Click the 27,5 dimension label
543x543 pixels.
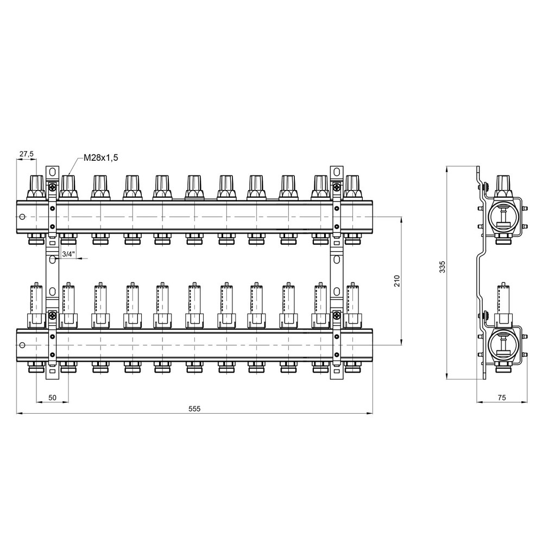click(26, 154)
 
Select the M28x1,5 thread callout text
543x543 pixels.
click(101, 158)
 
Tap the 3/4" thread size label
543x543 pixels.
click(68, 254)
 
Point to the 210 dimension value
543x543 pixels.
click(396, 281)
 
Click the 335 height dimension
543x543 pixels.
click(442, 267)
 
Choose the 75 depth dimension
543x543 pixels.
click(501, 397)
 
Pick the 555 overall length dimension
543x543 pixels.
click(194, 409)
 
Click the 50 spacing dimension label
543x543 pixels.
click(52, 397)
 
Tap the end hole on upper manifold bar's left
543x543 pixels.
click(22, 217)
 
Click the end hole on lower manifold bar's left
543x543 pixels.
click(22, 345)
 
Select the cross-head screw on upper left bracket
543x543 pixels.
click(52, 187)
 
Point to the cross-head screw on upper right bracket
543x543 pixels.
click(337, 187)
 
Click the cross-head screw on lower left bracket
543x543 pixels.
click(52, 315)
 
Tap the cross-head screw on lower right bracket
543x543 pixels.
click(337, 315)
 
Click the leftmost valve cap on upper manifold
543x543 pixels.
click(37, 187)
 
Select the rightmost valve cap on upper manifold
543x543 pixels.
click(352, 187)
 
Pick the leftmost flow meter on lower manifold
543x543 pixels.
click(37, 305)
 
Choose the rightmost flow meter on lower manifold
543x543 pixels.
click(352, 305)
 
